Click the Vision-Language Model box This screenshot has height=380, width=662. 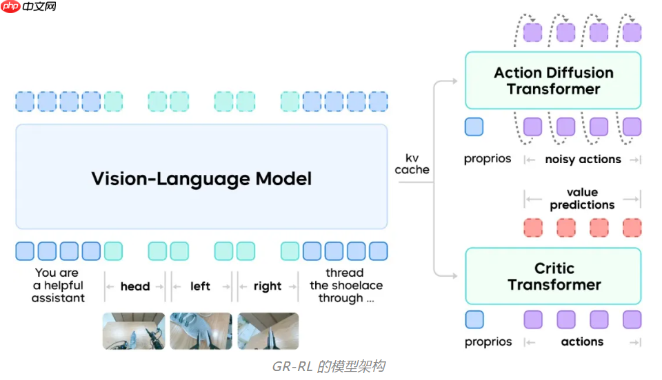201,178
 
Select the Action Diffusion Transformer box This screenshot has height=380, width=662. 553,81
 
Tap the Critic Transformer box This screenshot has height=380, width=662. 553,276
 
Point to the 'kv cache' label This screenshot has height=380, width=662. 412,164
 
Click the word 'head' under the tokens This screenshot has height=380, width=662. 135,286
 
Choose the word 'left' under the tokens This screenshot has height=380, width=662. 200,286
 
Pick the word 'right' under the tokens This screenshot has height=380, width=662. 267,286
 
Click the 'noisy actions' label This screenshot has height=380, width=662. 583,159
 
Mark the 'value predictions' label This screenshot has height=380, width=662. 582,198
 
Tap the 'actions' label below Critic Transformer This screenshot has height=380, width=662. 582,341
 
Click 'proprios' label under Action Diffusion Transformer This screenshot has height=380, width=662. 488,159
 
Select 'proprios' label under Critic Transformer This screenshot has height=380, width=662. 488,341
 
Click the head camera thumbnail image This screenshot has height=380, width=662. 134,331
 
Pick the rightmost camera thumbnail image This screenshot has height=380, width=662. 268,331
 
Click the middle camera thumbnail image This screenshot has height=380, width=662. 201,331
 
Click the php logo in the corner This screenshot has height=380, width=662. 10,7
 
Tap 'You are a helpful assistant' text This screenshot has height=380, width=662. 59,286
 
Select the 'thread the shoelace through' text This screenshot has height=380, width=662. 345,286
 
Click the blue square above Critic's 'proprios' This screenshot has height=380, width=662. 474,319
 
